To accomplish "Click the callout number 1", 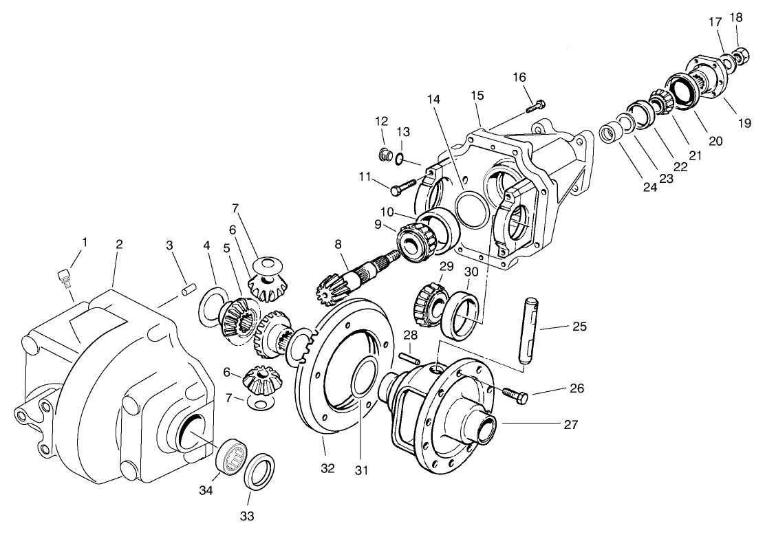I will (85, 242).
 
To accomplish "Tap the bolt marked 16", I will (536, 107).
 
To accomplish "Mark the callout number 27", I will (570, 424).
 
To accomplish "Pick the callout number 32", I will (327, 468).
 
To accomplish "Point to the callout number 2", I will (119, 244).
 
